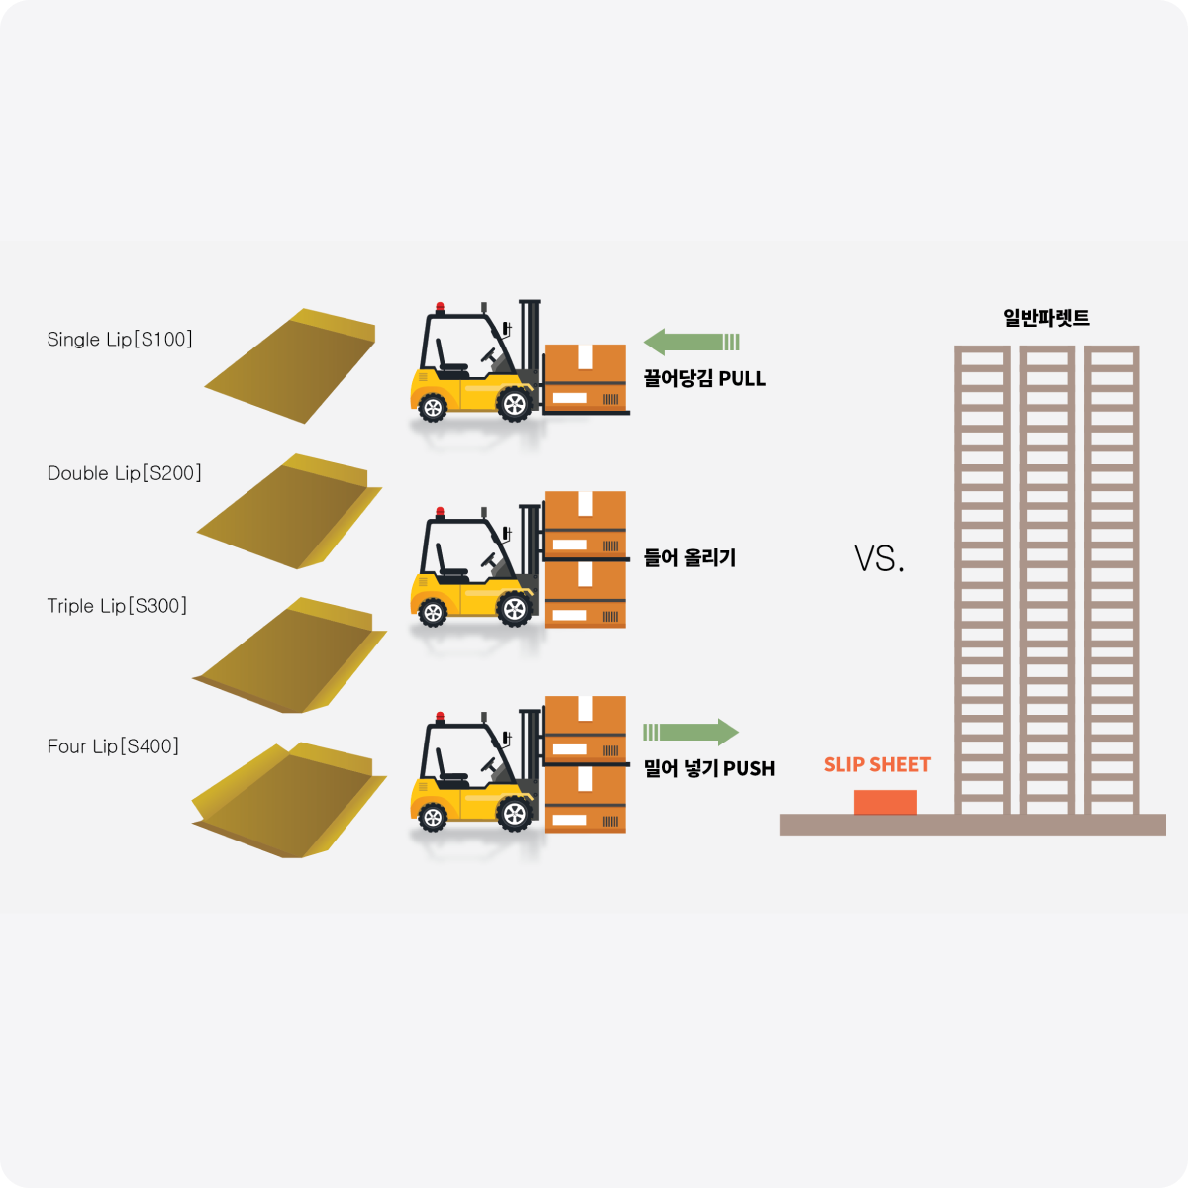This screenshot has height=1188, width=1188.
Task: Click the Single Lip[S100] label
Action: [120, 340]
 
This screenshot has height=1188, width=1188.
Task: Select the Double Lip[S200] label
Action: [125, 473]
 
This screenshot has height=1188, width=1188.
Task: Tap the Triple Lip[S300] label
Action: [117, 606]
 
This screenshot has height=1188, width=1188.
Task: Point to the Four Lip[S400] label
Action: [113, 746]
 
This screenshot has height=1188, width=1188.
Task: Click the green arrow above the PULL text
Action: [691, 343]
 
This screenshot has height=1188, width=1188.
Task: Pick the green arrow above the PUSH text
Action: [691, 733]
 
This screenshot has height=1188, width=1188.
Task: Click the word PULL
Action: [742, 379]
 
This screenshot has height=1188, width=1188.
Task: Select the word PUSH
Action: [749, 769]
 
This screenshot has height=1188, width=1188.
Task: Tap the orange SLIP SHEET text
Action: [877, 765]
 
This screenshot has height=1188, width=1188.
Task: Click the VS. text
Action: [879, 560]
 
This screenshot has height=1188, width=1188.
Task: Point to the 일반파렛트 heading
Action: [1046, 318]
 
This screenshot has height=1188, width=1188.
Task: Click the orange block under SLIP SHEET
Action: [885, 803]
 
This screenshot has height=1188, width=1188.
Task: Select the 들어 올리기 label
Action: [690, 558]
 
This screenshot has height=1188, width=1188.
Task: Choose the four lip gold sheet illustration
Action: [287, 802]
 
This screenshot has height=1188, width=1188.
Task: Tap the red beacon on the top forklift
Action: [440, 307]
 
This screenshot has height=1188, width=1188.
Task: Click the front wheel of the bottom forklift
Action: [514, 814]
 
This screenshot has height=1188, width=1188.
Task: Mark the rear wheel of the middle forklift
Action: [433, 612]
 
